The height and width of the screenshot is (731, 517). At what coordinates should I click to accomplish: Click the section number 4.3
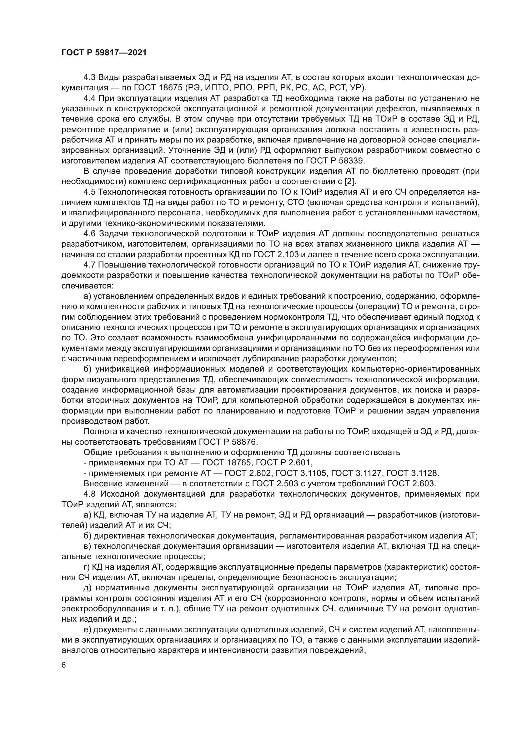(x=89, y=78)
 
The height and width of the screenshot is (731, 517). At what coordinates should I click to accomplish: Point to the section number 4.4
(x=89, y=98)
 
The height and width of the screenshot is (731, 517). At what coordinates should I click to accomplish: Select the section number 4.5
(x=89, y=192)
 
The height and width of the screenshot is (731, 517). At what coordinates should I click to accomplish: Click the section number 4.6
(x=89, y=234)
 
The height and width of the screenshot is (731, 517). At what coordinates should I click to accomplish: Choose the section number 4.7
(x=89, y=265)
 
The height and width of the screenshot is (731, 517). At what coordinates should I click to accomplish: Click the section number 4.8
(x=89, y=494)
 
